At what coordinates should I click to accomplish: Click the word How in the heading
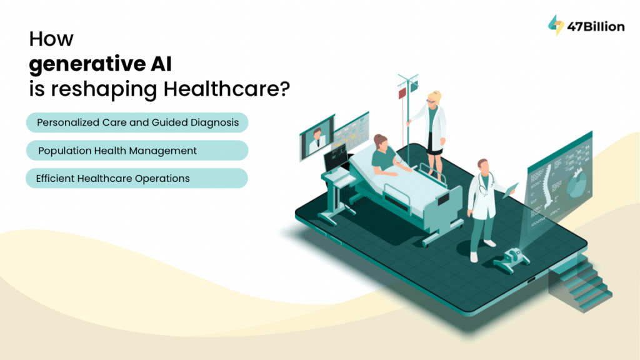pos(51,39)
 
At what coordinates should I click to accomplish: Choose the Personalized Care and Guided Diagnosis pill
pos(137,122)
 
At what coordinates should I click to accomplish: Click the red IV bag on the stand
pos(403,93)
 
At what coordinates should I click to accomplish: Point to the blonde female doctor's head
pos(434,98)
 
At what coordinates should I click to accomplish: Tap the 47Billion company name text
pos(596,26)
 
